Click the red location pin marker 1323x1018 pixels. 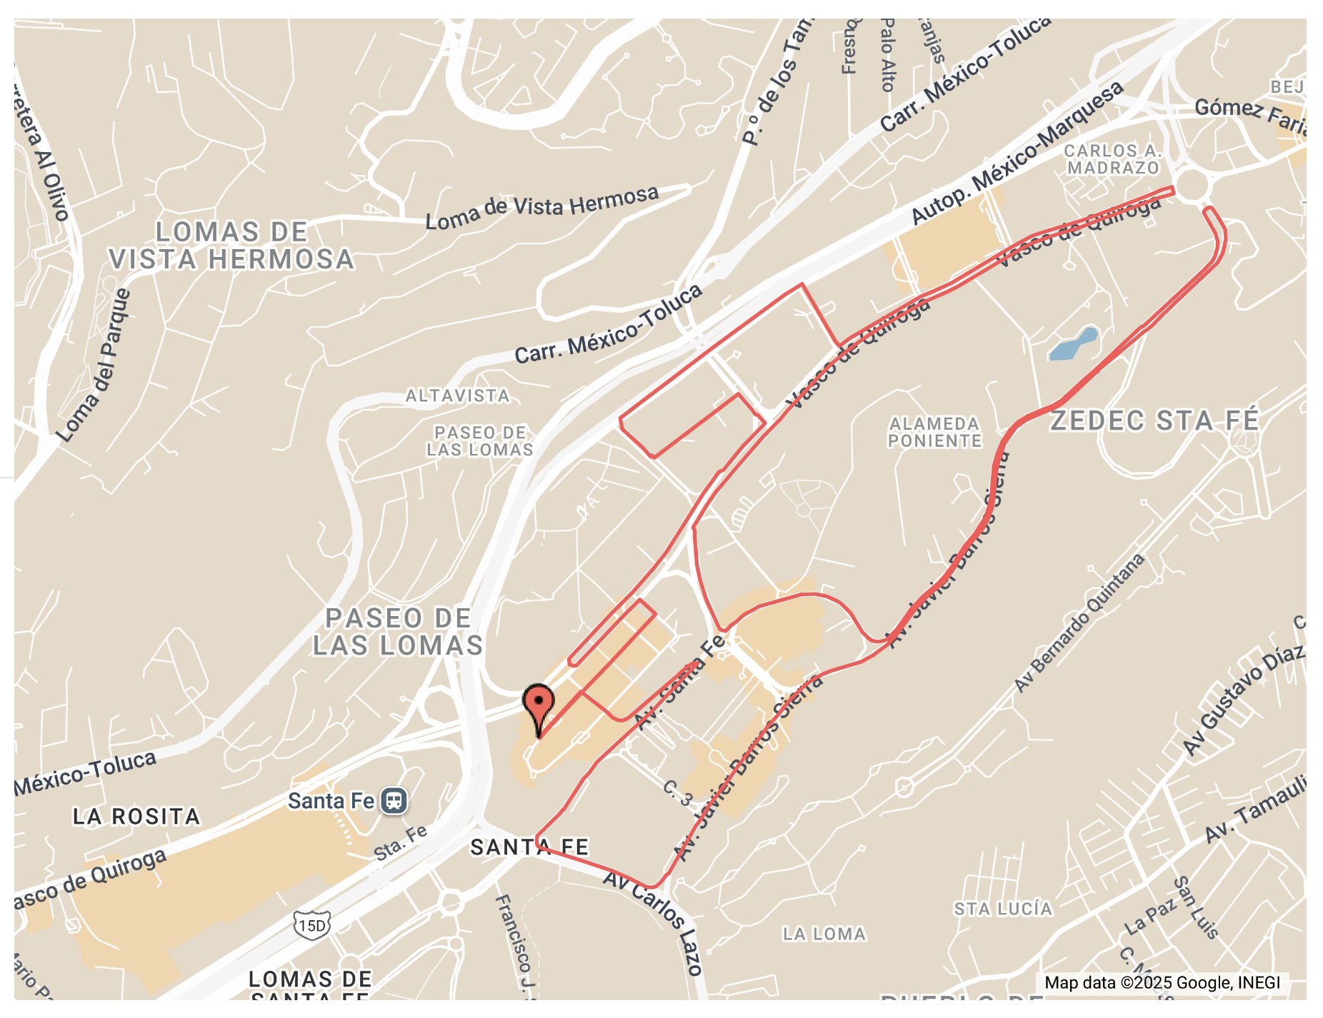(538, 704)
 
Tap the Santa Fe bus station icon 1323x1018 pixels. (394, 800)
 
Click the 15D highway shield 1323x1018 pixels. (312, 926)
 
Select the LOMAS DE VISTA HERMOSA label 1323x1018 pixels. (231, 246)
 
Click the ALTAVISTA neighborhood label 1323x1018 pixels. (458, 395)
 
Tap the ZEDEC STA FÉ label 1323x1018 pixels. (1154, 420)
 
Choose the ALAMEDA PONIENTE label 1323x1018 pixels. (934, 433)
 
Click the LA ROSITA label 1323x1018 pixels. (136, 817)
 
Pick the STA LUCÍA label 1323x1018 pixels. (1003, 909)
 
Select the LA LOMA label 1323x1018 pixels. (824, 934)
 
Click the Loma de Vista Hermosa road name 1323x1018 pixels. (542, 206)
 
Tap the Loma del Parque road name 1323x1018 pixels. (94, 365)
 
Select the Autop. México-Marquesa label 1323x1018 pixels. (1017, 154)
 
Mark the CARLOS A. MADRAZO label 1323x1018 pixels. (1112, 159)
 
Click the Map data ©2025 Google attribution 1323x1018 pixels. (1162, 982)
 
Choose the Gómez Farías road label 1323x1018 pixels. (1250, 116)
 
